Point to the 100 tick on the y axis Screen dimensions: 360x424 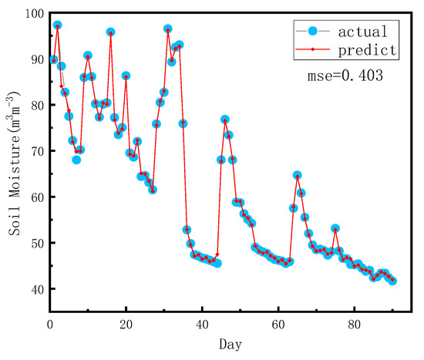click(32, 14)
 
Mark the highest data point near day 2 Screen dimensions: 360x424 click(57, 25)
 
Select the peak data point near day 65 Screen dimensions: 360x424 click(297, 176)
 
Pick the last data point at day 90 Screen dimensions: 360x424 click(392, 281)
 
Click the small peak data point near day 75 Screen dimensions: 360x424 click(335, 229)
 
